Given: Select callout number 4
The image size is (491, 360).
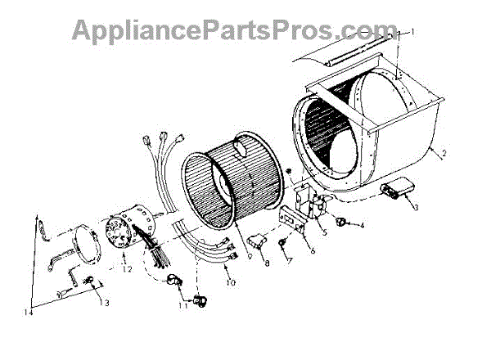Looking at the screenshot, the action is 362,225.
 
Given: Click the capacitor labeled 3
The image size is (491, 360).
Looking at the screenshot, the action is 398,191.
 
